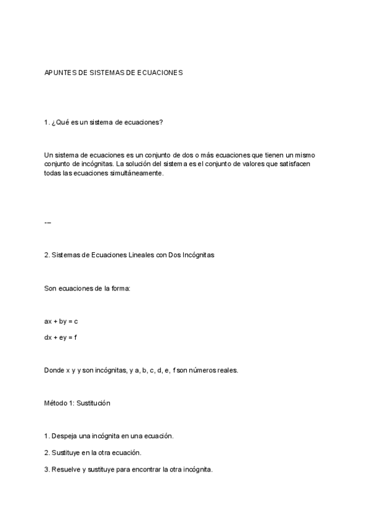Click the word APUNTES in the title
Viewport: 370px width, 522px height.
click(59, 73)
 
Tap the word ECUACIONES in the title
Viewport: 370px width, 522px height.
click(160, 73)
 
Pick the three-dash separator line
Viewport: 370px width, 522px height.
click(48, 222)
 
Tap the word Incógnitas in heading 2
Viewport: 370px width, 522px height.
click(198, 255)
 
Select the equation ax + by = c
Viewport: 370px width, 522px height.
click(62, 321)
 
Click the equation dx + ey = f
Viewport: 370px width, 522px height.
click(60, 337)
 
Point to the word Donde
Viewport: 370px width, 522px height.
click(54, 370)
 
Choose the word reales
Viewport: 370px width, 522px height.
click(225, 370)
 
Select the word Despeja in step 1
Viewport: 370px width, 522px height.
click(64, 436)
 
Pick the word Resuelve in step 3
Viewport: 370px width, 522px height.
click(66, 469)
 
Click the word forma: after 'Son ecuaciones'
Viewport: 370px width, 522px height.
click(121, 288)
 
